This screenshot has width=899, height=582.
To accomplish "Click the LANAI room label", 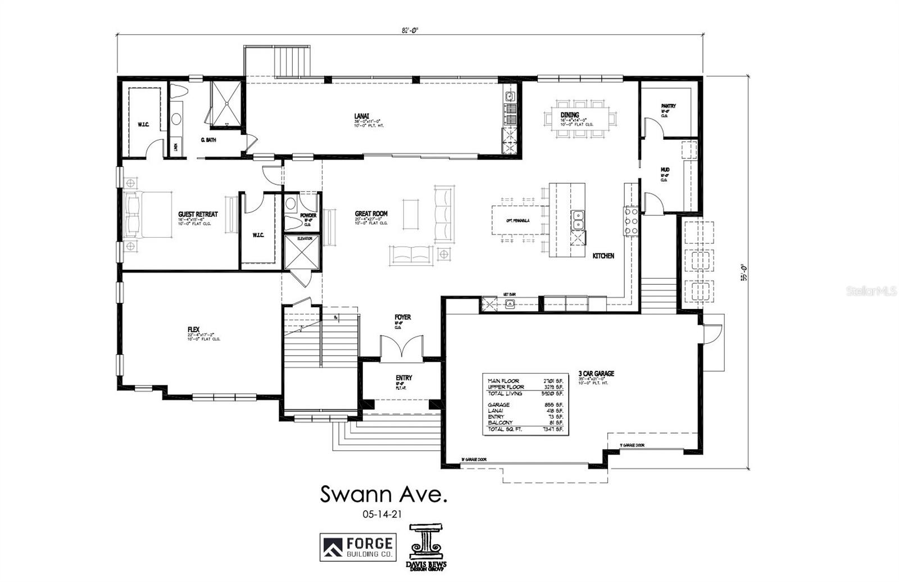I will tap(361, 116).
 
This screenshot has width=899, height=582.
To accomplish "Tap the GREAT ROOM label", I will tap(371, 214).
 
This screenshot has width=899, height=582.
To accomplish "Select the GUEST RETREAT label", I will tap(198, 215).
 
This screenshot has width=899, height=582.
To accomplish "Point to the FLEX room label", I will tap(194, 330).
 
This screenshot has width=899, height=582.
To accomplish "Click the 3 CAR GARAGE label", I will tap(596, 374).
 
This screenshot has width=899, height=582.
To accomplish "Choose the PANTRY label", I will tap(668, 106).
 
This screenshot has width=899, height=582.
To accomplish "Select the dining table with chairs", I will tap(580, 119).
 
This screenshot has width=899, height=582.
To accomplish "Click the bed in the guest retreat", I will tap(148, 215).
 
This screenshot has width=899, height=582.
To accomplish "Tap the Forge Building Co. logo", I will tap(357, 547).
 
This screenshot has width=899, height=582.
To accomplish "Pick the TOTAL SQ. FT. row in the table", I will tap(525, 429).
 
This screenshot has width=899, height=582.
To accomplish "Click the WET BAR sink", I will tap(510, 304).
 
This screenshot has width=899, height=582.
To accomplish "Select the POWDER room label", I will tap(308, 216).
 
